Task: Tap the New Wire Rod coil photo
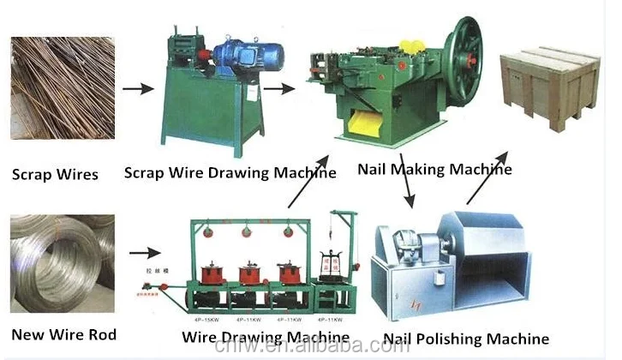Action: (63, 261)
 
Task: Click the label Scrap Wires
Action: (55, 175)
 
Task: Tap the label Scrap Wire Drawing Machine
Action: (230, 173)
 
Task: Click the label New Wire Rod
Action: (63, 333)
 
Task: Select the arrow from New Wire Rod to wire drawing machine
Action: (145, 253)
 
